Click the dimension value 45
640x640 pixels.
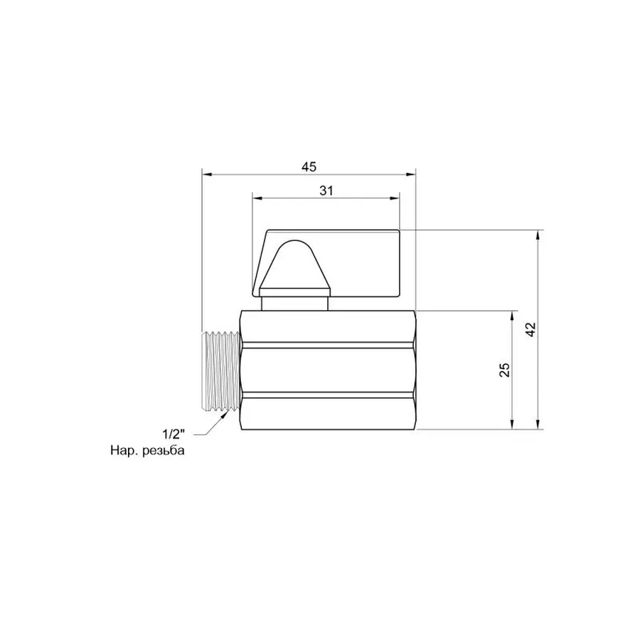[307, 166]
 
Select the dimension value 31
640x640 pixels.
[326, 191]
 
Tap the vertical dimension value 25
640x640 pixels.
[504, 370]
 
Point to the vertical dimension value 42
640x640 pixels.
[530, 329]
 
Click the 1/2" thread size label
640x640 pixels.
[173, 433]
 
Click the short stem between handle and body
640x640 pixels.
[294, 304]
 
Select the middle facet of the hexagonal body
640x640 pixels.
[327, 370]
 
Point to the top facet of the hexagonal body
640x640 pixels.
[327, 329]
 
